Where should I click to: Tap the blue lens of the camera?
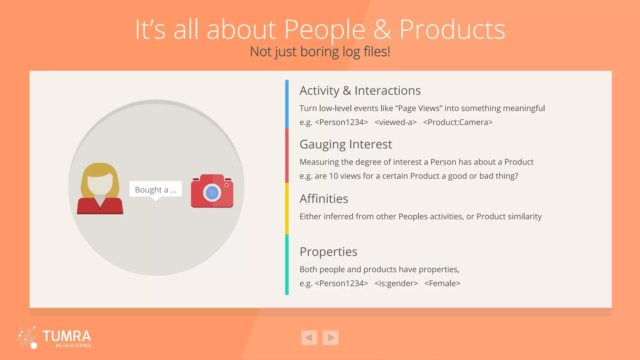pyautogui.click(x=212, y=192)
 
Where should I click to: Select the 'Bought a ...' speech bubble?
pyautogui.click(x=156, y=189)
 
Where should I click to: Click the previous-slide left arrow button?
pyautogui.click(x=309, y=337)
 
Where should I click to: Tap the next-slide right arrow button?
pyautogui.click(x=331, y=337)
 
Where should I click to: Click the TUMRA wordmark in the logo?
pyautogui.click(x=67, y=336)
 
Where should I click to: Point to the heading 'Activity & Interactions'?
pyautogui.click(x=360, y=91)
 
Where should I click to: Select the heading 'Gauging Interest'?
pyautogui.click(x=346, y=144)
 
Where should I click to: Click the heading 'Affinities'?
pyautogui.click(x=324, y=199)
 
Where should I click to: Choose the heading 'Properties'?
pyautogui.click(x=328, y=252)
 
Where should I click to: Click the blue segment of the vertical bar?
pyautogui.click(x=287, y=104)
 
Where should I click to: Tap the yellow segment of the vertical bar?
pyautogui.click(x=287, y=208)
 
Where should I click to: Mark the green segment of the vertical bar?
pyautogui.click(x=287, y=265)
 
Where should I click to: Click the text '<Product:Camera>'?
pyautogui.click(x=458, y=122)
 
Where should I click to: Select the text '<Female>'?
pyautogui.click(x=442, y=283)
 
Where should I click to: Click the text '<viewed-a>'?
pyautogui.click(x=396, y=122)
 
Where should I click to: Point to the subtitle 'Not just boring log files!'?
pyautogui.click(x=320, y=52)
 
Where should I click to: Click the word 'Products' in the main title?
pyautogui.click(x=452, y=29)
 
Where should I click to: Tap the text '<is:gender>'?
pyautogui.click(x=396, y=283)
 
